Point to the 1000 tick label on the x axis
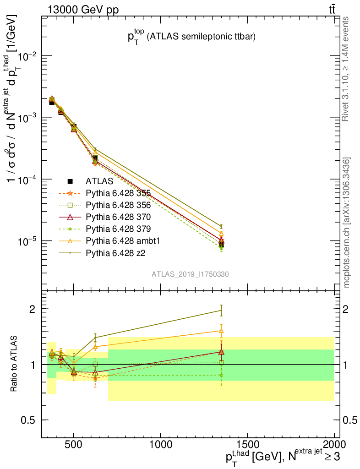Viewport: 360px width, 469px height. coord(160,444)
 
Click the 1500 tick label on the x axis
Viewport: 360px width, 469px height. coord(247,444)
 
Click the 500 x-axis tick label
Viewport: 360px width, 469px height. coord(74,444)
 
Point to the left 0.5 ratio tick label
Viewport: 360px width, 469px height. coord(31,420)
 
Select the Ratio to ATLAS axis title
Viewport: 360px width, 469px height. coord(15,364)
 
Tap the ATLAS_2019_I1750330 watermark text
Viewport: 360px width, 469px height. coord(191,274)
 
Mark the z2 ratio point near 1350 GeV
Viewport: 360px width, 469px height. coord(221,311)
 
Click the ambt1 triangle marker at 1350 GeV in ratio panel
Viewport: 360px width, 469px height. coord(221,331)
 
